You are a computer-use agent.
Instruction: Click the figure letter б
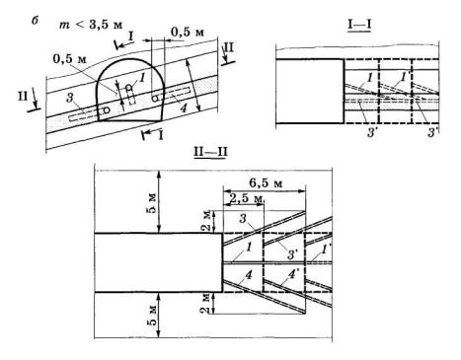click(35, 21)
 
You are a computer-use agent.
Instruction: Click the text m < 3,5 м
click(91, 25)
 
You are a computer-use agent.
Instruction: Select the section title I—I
click(359, 25)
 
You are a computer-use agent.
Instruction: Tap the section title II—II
click(210, 152)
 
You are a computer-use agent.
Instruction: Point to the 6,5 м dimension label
click(266, 182)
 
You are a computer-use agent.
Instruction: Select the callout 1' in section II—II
click(324, 250)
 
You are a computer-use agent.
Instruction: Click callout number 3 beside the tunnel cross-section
click(69, 98)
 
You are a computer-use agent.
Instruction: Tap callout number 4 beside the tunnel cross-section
click(184, 108)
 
